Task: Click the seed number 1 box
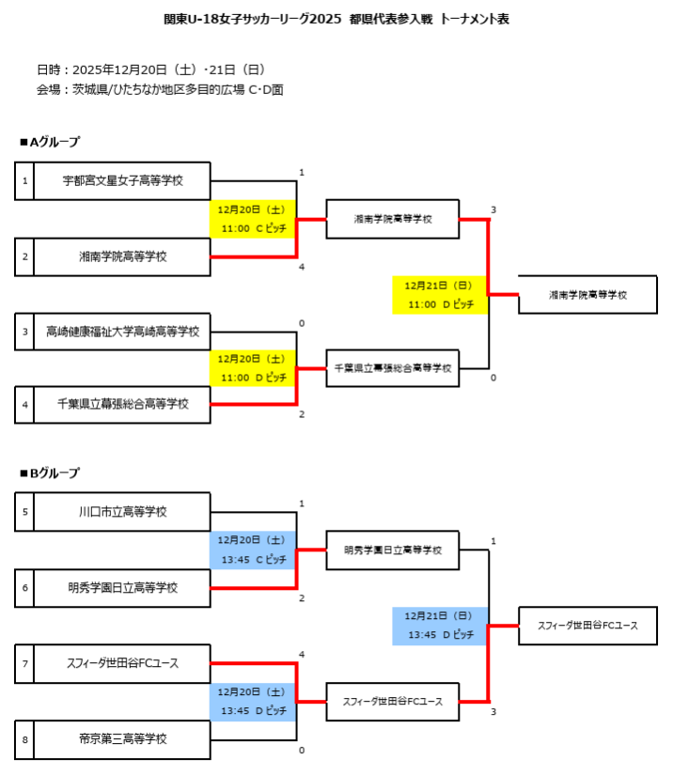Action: click(x=24, y=180)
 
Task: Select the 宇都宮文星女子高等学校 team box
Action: click(x=121, y=180)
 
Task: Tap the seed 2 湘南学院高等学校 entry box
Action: click(x=121, y=256)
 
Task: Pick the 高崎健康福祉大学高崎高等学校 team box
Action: click(x=121, y=331)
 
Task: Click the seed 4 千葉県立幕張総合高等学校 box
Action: click(x=121, y=405)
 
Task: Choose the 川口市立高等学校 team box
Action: click(x=121, y=513)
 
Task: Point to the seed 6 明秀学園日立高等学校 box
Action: click(x=121, y=588)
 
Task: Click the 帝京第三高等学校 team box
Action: click(x=121, y=739)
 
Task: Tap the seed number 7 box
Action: click(x=24, y=664)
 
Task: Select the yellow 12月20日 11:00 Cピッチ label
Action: click(x=253, y=219)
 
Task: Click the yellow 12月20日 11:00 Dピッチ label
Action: click(x=253, y=367)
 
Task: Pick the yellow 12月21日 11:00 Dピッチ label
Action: click(x=440, y=294)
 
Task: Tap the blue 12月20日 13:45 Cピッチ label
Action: click(x=253, y=550)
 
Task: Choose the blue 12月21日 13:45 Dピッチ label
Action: click(x=440, y=626)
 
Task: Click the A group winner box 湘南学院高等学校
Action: click(x=587, y=294)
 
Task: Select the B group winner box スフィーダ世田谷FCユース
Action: click(x=587, y=626)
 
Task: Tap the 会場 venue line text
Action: click(x=160, y=90)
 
